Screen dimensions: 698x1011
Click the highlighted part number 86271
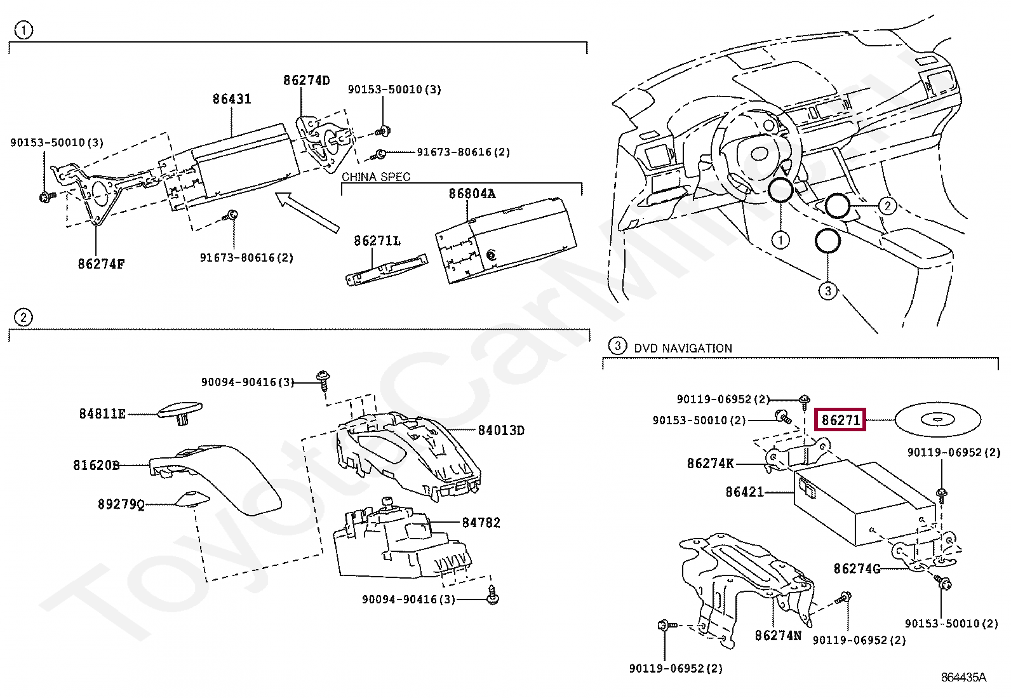(840, 420)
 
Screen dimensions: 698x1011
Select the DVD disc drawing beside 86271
(938, 419)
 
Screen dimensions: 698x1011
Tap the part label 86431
(232, 99)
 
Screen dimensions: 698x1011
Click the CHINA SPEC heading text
(376, 177)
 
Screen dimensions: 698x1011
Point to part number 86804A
(471, 194)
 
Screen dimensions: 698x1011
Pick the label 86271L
(377, 241)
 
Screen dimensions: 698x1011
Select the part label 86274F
(101, 264)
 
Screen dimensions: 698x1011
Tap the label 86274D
(307, 81)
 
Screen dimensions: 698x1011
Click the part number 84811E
(102, 414)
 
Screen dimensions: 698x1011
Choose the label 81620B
(96, 465)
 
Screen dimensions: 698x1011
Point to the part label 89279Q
(121, 504)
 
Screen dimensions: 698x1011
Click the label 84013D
(501, 431)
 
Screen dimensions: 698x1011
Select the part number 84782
(481, 523)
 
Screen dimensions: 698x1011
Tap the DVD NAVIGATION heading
(683, 348)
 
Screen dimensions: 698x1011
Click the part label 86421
(744, 492)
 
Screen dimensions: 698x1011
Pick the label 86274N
(778, 635)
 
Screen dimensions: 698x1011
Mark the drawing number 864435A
(963, 677)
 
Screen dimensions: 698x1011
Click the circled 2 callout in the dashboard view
(887, 205)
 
